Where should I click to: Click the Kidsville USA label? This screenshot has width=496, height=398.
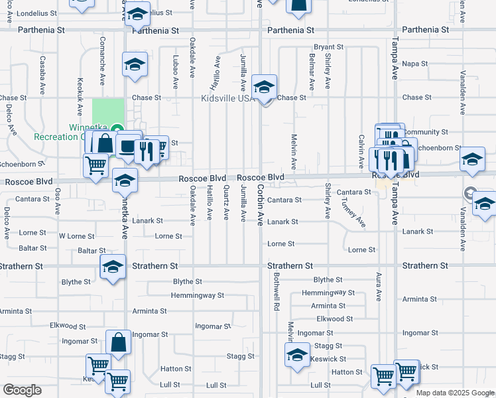click(227, 98)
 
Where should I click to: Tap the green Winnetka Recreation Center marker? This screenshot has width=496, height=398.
click(117, 129)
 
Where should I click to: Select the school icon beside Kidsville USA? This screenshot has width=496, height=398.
click(264, 88)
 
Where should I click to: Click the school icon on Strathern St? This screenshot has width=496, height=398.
click(113, 267)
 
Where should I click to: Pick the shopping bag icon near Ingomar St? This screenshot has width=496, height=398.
click(118, 344)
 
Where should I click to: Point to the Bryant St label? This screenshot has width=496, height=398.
click(329, 47)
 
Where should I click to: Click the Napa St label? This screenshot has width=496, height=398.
click(415, 64)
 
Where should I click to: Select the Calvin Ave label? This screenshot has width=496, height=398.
click(361, 151)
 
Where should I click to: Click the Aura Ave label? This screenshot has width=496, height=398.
click(379, 286)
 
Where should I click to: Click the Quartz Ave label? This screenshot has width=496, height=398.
click(226, 202)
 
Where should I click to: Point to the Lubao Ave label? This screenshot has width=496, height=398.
click(176, 72)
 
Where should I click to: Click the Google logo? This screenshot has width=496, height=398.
click(22, 390)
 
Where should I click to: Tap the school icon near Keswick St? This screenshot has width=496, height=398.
click(298, 356)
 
